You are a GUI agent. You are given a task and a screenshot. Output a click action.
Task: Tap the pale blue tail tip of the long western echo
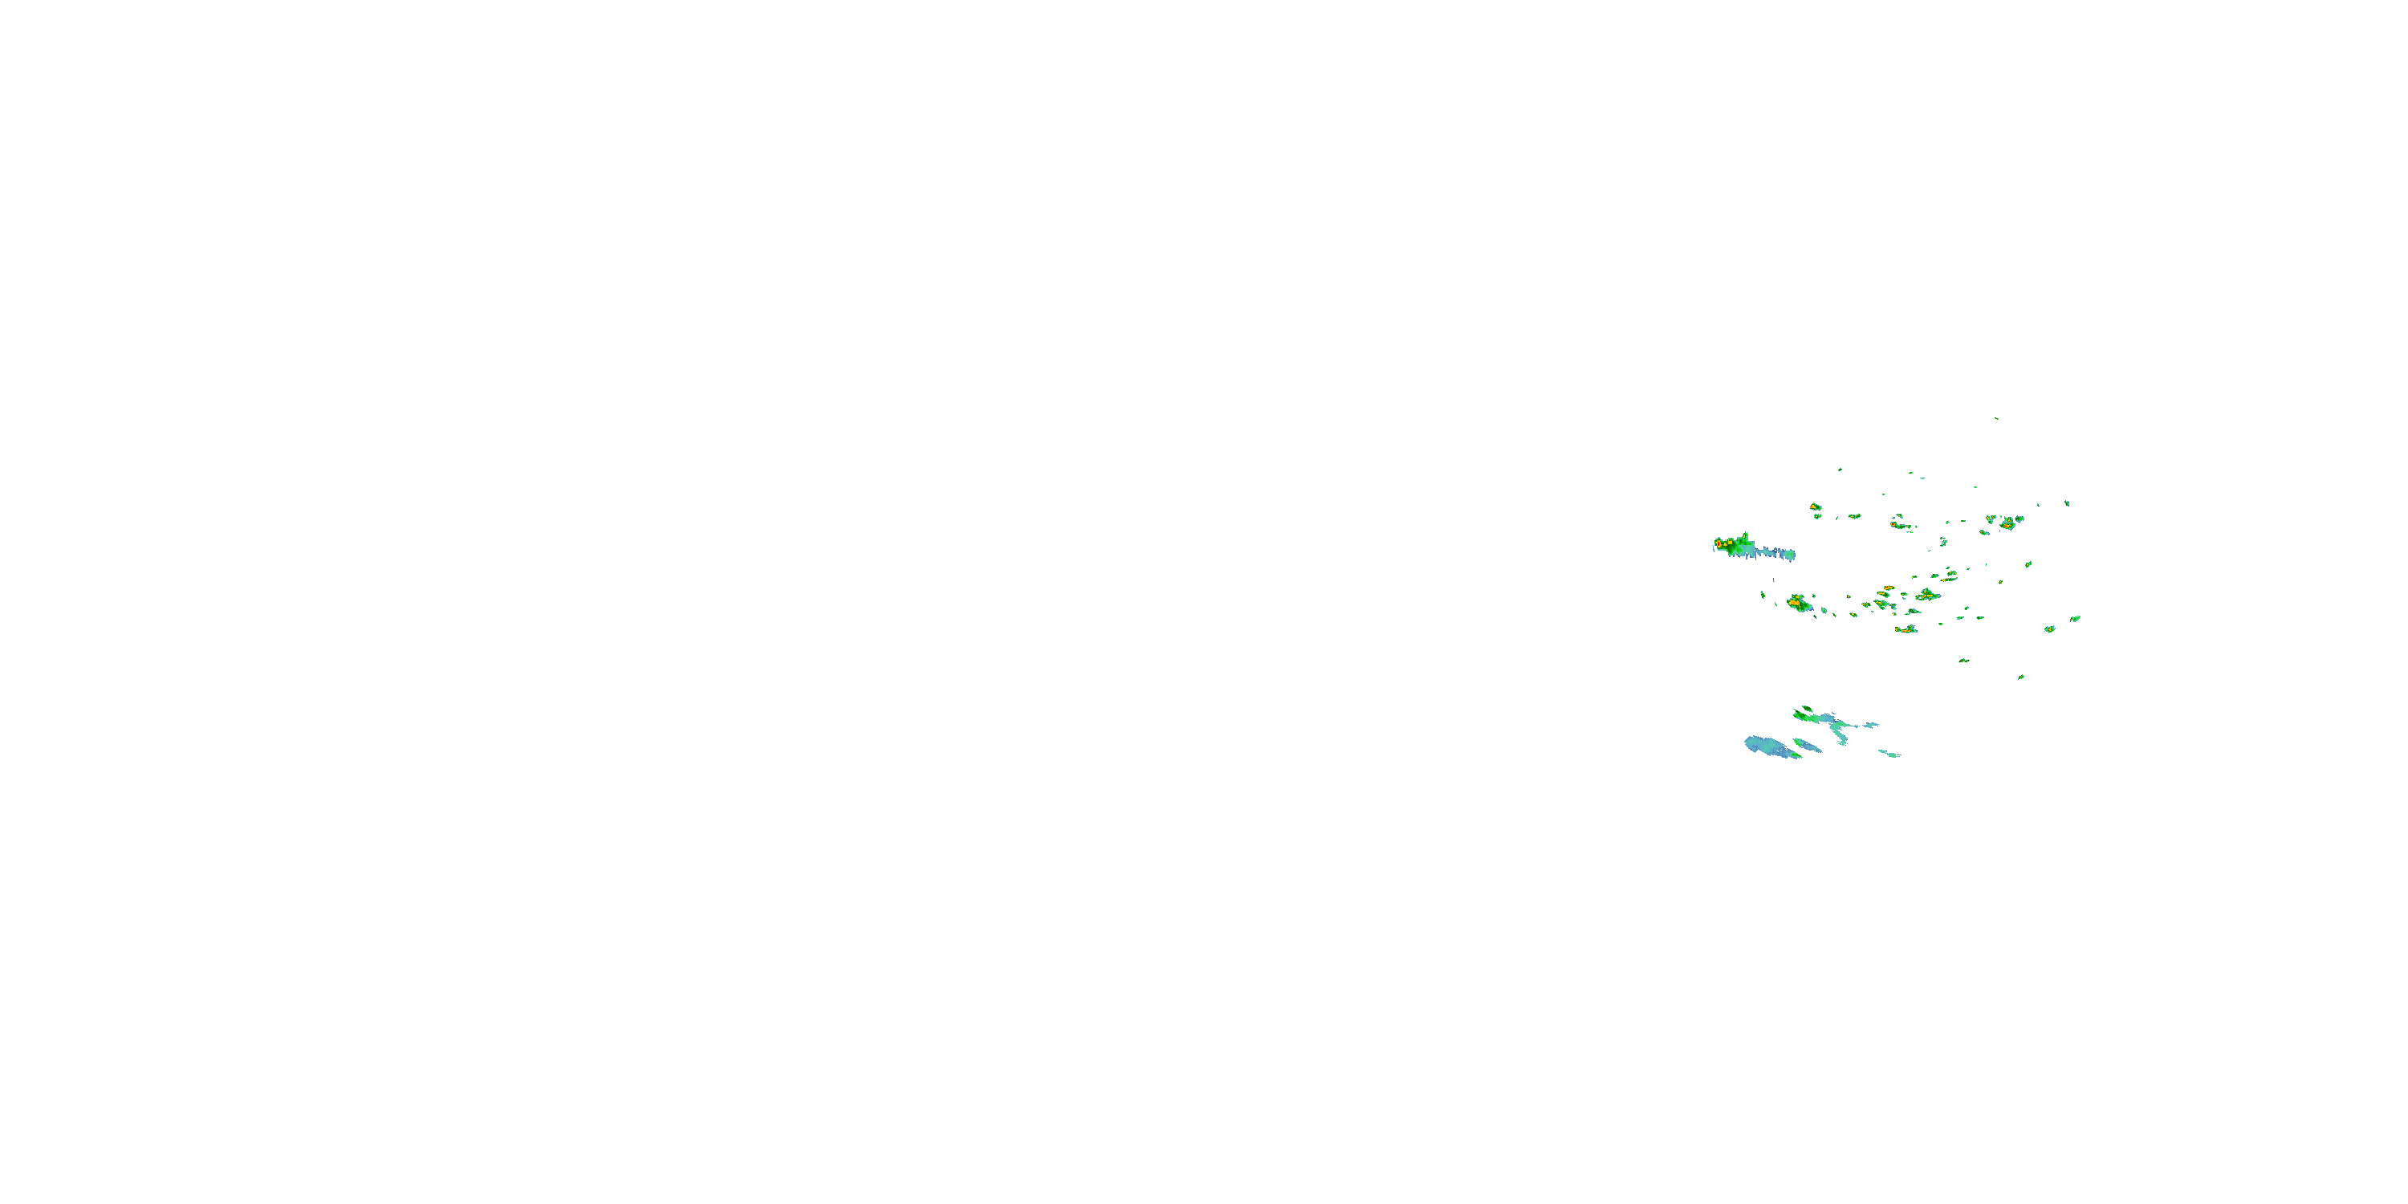(x=1789, y=555)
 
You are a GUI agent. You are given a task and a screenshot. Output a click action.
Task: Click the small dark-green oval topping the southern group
(x=1807, y=709)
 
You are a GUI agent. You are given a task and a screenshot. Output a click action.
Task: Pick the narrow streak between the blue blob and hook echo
(x=1807, y=745)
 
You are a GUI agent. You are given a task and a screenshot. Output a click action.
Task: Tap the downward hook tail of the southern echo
(x=1841, y=739)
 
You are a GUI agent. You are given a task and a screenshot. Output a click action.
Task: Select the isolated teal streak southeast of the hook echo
(x=1890, y=754)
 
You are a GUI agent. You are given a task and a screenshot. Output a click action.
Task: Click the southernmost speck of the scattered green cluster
(x=2021, y=677)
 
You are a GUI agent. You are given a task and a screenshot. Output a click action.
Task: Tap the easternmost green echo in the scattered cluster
(x=2075, y=618)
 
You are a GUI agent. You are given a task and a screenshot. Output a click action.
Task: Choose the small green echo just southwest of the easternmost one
(x=2050, y=629)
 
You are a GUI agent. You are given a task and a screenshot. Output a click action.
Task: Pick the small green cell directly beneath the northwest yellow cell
(x=1817, y=516)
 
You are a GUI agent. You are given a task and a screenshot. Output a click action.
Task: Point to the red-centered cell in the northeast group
(x=2006, y=523)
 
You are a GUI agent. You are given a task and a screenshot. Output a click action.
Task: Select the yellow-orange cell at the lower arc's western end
(x=1796, y=603)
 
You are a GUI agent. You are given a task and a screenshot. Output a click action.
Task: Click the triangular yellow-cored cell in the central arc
(x=1927, y=595)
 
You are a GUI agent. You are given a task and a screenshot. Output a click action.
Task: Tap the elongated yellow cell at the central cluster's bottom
(x=1905, y=630)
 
